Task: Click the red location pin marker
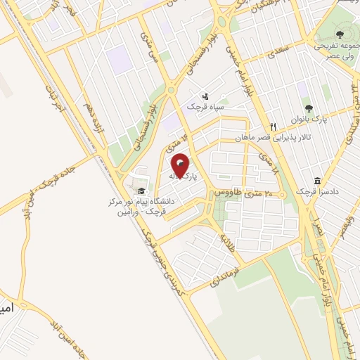180,166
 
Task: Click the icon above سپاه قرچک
205,96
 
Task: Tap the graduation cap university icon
141,191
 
